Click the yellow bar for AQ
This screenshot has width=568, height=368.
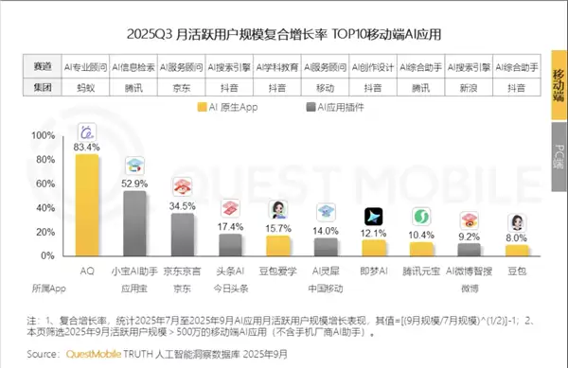point(87,204)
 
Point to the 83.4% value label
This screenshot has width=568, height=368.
point(87,147)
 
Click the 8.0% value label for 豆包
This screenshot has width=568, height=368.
point(517,238)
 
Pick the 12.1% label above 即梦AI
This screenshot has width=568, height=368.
point(374,233)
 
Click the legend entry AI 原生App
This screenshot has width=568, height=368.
point(229,107)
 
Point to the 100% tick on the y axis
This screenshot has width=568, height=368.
point(44,136)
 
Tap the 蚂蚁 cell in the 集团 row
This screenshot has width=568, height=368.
point(85,86)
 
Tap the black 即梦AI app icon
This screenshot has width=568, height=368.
point(374,215)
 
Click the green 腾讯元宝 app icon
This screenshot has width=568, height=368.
point(421,217)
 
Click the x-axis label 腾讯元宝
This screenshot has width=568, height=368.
point(421,272)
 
